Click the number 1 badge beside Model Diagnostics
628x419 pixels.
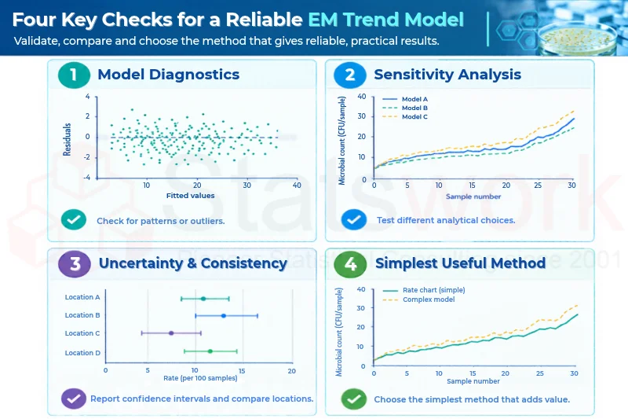click(x=74, y=75)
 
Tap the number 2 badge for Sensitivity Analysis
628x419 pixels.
click(x=350, y=75)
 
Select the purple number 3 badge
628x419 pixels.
click(x=74, y=264)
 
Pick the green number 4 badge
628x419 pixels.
click(x=350, y=264)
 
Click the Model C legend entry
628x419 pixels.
click(x=405, y=116)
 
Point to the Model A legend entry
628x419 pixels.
click(x=405, y=99)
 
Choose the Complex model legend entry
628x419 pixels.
click(x=419, y=300)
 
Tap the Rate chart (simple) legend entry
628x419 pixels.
click(x=424, y=290)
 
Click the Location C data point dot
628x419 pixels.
click(x=171, y=333)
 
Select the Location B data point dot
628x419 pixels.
click(x=224, y=316)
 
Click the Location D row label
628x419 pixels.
click(x=82, y=353)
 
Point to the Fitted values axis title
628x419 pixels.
click(x=190, y=196)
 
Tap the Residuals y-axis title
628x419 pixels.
click(x=67, y=139)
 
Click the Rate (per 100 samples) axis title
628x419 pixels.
click(x=200, y=378)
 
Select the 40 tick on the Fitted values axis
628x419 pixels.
click(x=297, y=186)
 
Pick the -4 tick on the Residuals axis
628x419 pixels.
click(x=86, y=177)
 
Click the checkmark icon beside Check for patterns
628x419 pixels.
click(x=74, y=220)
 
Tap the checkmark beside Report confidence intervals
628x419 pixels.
click(x=74, y=399)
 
